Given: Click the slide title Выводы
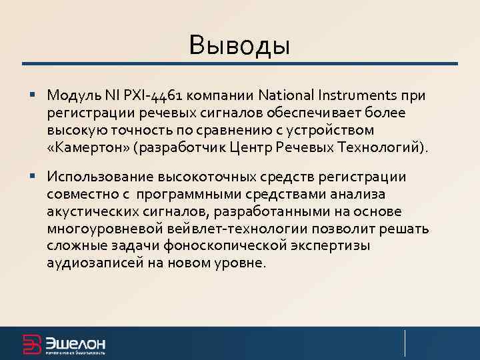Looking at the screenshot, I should [x=239, y=46].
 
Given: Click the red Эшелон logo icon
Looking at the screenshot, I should [x=32, y=343].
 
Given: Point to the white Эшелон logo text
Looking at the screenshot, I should [x=75, y=342].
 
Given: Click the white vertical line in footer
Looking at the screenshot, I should [x=405, y=343].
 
